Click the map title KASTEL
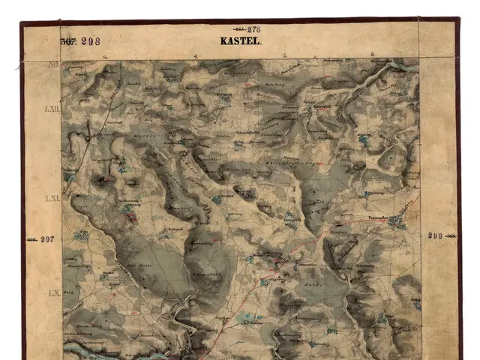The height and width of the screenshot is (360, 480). pos(240,42)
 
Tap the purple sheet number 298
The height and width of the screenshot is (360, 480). pos(90,41)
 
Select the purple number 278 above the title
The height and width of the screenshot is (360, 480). pos(253,29)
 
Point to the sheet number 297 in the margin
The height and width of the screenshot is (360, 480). pos(48,239)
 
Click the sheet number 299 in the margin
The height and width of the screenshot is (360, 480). pos(436,235)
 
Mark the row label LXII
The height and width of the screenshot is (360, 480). pos(52,109)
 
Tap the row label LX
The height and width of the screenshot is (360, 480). pos(53,292)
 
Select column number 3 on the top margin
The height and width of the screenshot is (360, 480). pos(105,56)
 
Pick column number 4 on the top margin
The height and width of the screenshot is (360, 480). pos(196,56)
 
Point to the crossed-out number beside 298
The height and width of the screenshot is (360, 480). pos(68,41)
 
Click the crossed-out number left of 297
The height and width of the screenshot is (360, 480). pos(32,239)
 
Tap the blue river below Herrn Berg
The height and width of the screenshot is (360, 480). pos(82,349)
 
